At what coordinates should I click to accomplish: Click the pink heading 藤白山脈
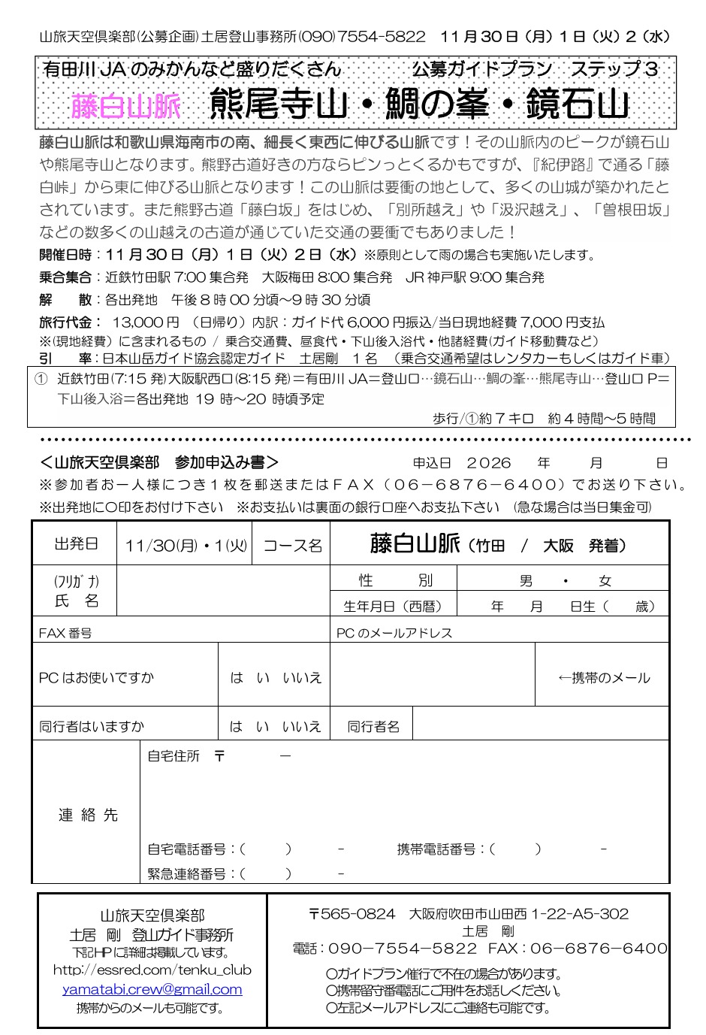point(126,105)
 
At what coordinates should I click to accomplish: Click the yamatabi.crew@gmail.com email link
point(152,989)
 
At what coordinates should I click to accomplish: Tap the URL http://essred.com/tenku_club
point(152,970)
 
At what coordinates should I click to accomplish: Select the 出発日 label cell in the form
point(75,543)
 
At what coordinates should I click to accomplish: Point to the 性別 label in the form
point(395,580)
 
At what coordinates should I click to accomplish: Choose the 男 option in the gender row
point(526,580)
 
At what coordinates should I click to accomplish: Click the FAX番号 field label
point(65,633)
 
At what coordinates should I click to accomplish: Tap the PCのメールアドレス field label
point(394,633)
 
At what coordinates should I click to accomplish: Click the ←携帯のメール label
point(603,677)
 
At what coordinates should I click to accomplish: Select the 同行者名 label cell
point(373,726)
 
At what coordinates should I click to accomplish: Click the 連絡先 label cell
point(88,815)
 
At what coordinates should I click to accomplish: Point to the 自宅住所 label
point(173,756)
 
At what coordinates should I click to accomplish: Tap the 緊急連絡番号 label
point(187,873)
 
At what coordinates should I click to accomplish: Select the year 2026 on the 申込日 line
point(488,463)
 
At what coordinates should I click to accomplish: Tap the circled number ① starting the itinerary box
point(41,378)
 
